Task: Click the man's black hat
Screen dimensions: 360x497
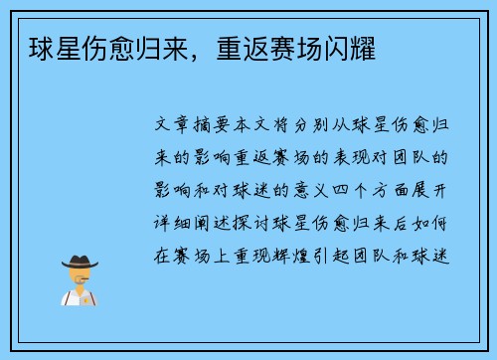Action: coord(81,262)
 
